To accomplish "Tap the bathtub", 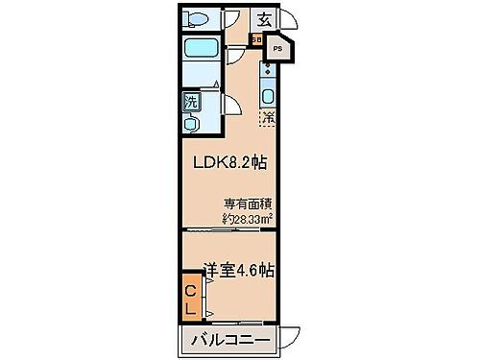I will point(201,49).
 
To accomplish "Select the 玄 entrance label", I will point(263,17).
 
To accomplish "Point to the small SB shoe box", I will point(256,39).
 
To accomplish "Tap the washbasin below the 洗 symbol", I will point(191,122).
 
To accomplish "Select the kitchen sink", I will point(268,96).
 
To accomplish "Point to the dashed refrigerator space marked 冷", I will point(268,120).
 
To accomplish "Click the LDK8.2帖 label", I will point(231,163).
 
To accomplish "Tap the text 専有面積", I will point(248,204).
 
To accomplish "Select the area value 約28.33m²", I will point(248,218).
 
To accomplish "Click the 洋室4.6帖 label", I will point(237,270).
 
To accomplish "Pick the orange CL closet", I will point(190,300).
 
